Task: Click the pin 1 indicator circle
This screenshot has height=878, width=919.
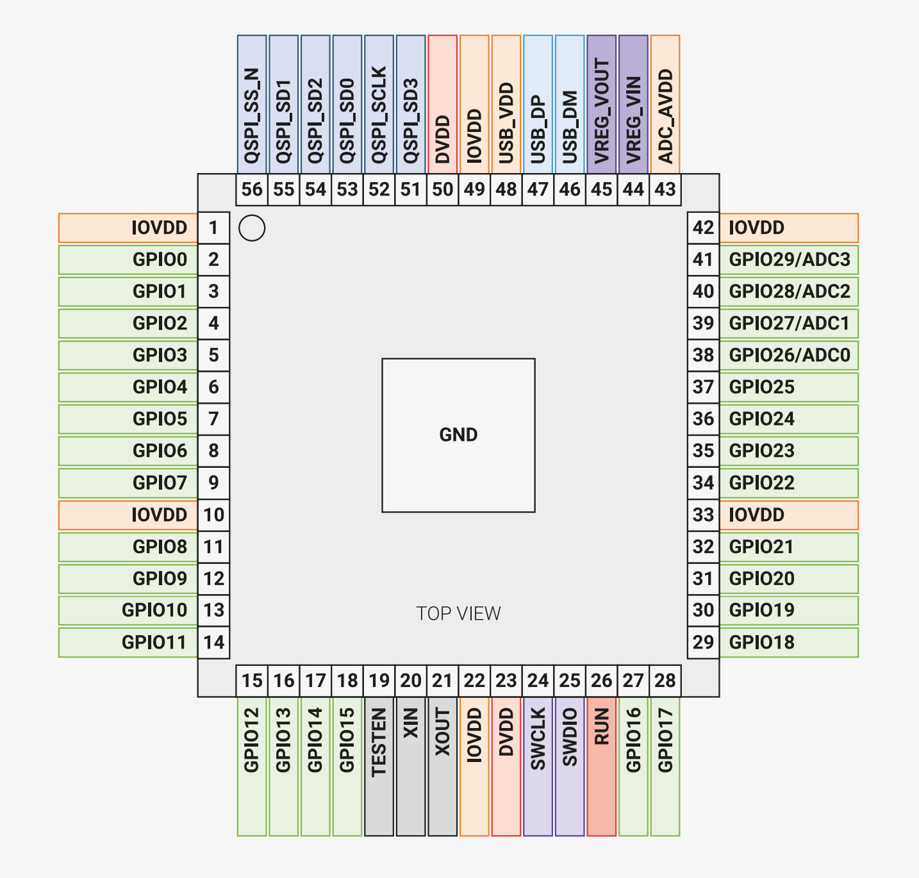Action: click(252, 228)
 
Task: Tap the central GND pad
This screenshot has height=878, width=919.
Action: click(458, 435)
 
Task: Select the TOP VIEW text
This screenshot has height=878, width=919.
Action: click(458, 613)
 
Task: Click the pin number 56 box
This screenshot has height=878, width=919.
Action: click(252, 190)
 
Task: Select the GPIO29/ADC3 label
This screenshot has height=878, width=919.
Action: click(789, 260)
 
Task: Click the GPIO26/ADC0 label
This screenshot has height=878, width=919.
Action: click(789, 355)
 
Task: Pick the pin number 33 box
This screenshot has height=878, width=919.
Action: click(703, 515)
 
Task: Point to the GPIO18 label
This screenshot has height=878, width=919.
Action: click(789, 642)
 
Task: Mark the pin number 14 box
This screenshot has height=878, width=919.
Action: click(213, 642)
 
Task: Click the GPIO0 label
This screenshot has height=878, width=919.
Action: click(128, 260)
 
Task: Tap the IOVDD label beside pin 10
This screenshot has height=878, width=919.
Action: click(128, 515)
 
